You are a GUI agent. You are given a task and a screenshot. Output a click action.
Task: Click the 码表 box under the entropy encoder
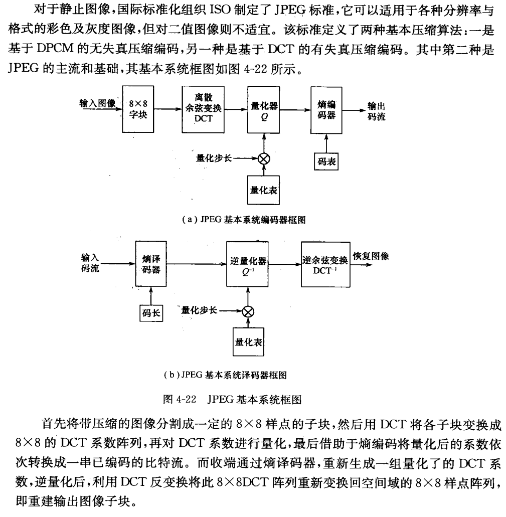click(x=326, y=161)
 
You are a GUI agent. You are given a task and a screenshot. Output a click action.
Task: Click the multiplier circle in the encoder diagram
click(x=264, y=158)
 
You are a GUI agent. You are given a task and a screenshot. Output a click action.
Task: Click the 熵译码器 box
click(x=151, y=263)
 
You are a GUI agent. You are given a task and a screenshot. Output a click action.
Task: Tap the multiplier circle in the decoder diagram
click(x=248, y=312)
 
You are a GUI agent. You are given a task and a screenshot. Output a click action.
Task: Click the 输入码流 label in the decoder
click(x=90, y=263)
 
